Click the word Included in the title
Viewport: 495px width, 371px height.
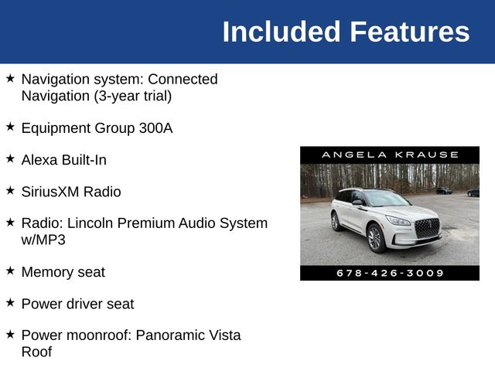click(282, 32)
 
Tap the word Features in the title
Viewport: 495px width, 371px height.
click(409, 32)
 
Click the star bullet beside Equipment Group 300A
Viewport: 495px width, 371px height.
click(10, 127)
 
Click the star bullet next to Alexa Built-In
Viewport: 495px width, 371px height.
click(10, 158)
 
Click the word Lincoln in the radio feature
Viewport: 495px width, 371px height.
click(92, 223)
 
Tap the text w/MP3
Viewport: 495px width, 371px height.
click(43, 240)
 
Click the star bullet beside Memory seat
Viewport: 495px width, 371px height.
click(10, 271)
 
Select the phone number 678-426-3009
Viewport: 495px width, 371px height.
click(390, 273)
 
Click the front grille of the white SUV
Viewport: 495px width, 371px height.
click(426, 228)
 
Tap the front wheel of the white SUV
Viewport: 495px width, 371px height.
click(375, 238)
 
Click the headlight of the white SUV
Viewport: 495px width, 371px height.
click(398, 221)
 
